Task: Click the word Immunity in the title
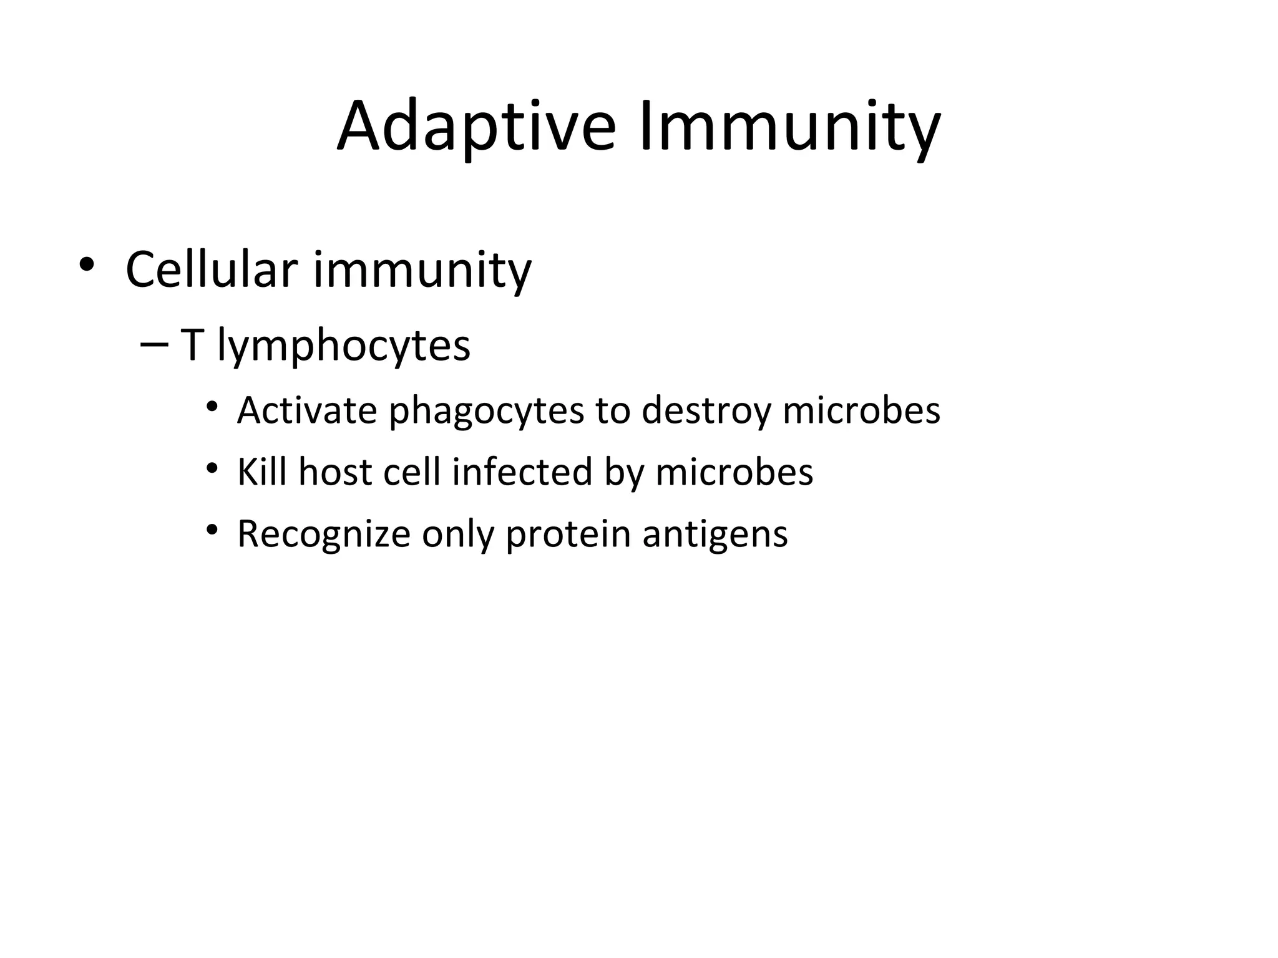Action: click(790, 128)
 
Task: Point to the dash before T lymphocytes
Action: click(155, 344)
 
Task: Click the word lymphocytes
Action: click(343, 346)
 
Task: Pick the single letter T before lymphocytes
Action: click(191, 345)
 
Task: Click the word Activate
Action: click(307, 410)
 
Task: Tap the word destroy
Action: click(706, 412)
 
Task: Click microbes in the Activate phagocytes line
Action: click(861, 410)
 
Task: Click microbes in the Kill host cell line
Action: click(734, 472)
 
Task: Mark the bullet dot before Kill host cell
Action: click(213, 468)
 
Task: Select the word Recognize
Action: click(324, 535)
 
